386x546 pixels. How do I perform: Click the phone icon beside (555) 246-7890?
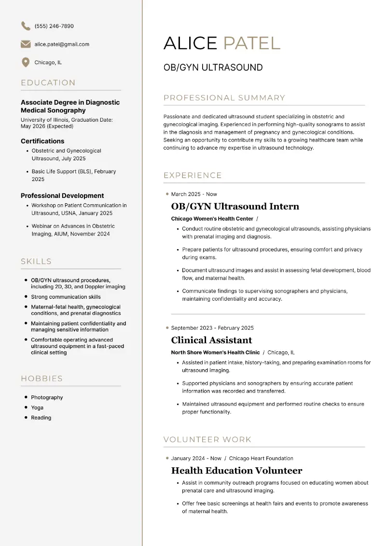[x=26, y=26]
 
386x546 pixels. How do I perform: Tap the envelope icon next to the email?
[x=26, y=44]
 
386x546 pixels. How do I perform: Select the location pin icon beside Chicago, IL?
[x=26, y=62]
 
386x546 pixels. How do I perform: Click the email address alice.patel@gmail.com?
[x=62, y=44]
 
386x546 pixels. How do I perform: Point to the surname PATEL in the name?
[x=251, y=43]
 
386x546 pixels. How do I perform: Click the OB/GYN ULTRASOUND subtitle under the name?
[x=213, y=68]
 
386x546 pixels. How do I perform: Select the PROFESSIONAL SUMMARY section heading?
[x=224, y=98]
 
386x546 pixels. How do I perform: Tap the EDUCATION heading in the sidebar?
[x=48, y=83]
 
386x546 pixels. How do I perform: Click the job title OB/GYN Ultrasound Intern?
[x=235, y=207]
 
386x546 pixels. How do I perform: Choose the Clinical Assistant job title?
[x=211, y=340]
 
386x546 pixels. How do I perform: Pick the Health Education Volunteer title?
[x=236, y=471]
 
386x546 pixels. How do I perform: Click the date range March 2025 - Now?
[x=194, y=194]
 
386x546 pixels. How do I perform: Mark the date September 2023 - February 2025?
[x=212, y=328]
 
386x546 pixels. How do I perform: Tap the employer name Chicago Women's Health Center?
[x=212, y=219]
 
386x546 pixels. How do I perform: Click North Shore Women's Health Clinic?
[x=215, y=352]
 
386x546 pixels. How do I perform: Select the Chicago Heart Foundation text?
[x=261, y=459]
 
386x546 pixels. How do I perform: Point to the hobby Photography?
[x=47, y=398]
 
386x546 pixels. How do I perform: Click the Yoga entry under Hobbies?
[x=37, y=408]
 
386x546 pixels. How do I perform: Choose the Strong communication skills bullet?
[x=66, y=297]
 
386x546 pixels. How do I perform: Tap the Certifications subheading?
[x=42, y=141]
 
